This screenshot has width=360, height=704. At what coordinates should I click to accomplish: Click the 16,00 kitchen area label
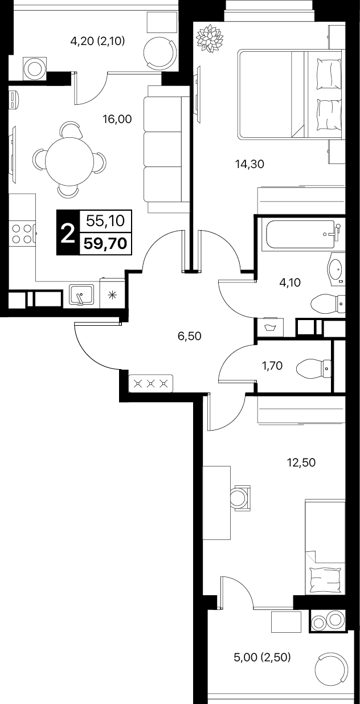pos(117,120)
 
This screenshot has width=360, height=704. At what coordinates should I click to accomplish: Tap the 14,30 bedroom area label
pos(249,164)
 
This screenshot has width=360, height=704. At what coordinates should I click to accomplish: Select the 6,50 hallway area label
pos(189,336)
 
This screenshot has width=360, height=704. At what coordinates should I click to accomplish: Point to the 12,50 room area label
pos(301,462)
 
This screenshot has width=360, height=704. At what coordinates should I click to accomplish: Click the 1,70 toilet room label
pos(272,366)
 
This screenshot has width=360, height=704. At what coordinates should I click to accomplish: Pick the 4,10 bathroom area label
pos(290,283)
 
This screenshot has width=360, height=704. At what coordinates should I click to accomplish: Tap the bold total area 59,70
pos(105,244)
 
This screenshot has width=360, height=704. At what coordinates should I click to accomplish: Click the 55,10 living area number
pos(105,221)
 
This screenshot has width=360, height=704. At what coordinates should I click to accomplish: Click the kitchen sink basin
pos(81,294)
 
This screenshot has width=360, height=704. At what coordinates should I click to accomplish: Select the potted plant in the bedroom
pos(210,39)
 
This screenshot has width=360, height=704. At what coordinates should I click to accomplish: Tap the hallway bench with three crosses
pos(150,383)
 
